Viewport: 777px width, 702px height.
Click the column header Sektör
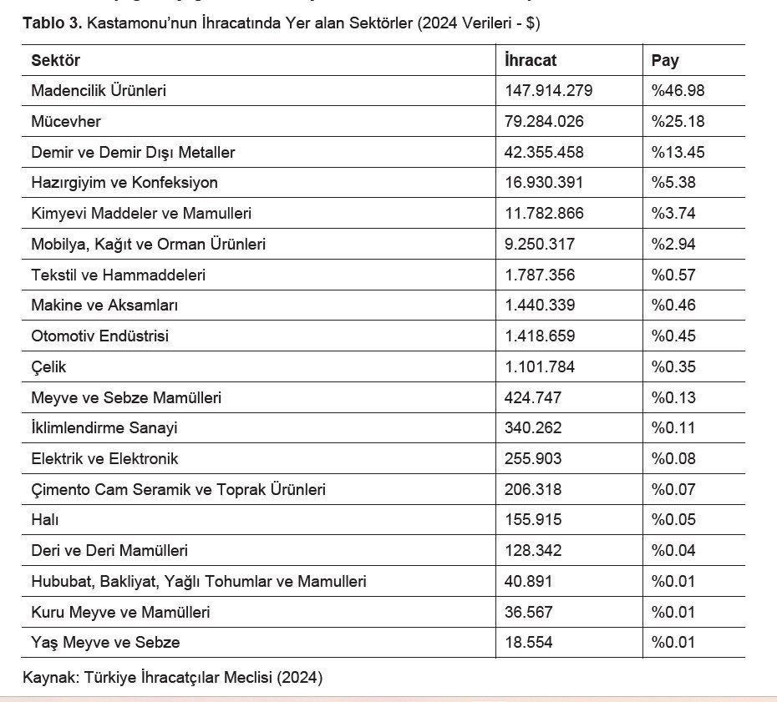pos(55,60)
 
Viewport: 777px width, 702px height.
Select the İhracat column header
pos(531,60)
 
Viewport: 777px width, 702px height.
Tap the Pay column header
pos(665,60)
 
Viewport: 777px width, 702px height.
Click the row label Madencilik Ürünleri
pos(99,90)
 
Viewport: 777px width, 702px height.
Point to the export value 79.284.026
pos(544,121)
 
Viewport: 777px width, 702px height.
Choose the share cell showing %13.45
pos(678,152)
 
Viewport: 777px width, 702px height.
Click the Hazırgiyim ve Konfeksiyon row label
pos(124,182)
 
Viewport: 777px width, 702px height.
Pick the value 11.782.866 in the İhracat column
pos(544,213)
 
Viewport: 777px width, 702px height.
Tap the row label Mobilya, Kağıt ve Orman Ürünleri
pos(148,244)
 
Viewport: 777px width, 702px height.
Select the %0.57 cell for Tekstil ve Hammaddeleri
pos(673,275)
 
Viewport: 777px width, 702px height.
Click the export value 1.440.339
pos(540,305)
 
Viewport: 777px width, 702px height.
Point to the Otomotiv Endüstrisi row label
pos(99,336)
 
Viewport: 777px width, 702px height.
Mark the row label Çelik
pos(48,366)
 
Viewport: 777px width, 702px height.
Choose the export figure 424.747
pos(533,397)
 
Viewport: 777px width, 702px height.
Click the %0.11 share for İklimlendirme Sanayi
pos(673,427)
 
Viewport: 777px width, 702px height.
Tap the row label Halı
pos(45,519)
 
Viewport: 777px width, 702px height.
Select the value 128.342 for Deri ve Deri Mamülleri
pos(533,550)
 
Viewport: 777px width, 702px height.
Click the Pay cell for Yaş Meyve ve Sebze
pos(673,642)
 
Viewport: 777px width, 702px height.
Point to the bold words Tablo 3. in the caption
pos(52,23)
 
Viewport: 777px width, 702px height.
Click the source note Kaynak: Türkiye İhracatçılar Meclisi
pos(172,676)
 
